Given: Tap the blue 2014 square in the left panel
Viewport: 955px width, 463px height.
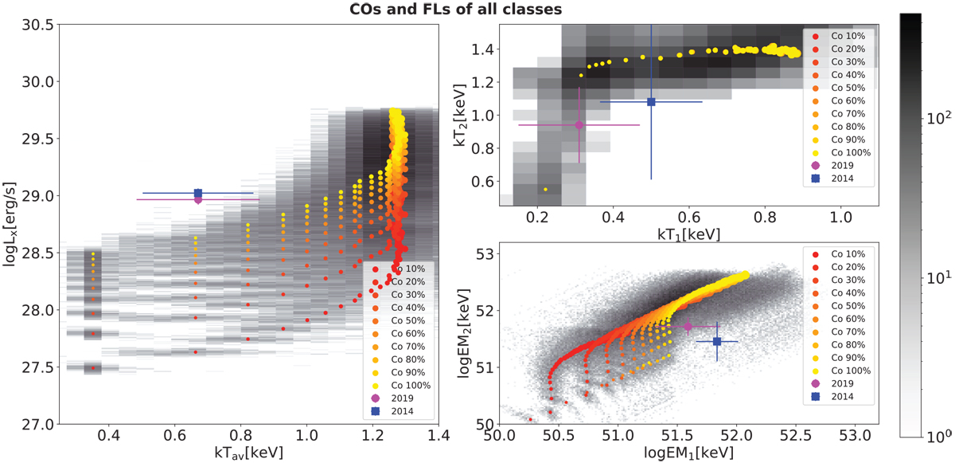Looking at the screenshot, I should [x=198, y=193].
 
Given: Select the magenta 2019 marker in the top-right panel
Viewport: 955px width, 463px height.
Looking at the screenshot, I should [x=579, y=124].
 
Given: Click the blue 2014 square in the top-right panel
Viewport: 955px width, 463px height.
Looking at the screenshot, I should [x=651, y=102].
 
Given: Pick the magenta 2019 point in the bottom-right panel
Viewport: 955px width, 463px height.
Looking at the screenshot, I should [x=688, y=326].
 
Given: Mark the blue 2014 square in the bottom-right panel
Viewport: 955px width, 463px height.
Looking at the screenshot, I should [x=717, y=341].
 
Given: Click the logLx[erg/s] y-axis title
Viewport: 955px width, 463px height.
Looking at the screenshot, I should [x=10, y=224].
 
